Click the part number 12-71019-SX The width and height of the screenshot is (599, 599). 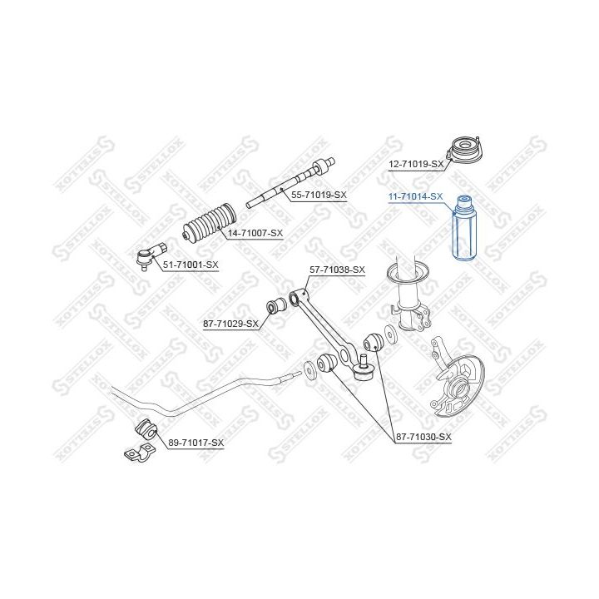tap(416, 164)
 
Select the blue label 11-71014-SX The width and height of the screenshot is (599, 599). tap(416, 196)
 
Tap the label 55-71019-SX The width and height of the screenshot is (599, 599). tap(319, 195)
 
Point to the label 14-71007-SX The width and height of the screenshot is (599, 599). tap(255, 233)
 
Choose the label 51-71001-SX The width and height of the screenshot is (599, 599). tap(191, 265)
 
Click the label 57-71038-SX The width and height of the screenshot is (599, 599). tap(337, 270)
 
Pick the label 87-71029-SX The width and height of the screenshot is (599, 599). tap(230, 324)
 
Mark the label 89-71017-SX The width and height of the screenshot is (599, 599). tap(196, 443)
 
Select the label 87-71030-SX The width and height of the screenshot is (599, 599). tap(423, 437)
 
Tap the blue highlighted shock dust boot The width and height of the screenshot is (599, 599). tap(462, 228)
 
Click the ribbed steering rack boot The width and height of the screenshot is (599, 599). tap(210, 222)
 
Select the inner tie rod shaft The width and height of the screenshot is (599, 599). tap(290, 182)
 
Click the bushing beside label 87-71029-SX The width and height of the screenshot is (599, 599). tap(276, 304)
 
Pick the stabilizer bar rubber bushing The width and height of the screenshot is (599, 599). tap(147, 430)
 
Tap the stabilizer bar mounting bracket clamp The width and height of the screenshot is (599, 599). tap(139, 453)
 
